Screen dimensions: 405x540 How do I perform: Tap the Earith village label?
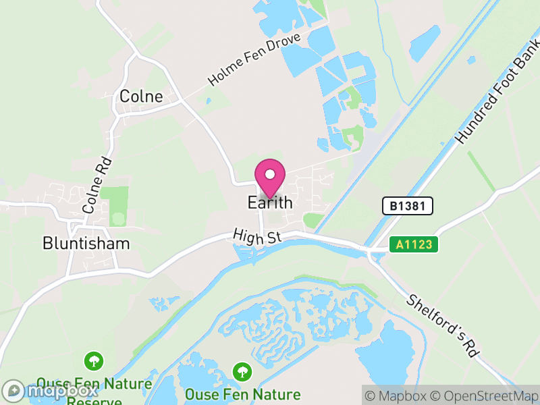point(270,202)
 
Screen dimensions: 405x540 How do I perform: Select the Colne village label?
point(141,97)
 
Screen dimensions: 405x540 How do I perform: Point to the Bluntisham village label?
point(86,243)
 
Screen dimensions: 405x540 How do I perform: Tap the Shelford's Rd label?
point(442,325)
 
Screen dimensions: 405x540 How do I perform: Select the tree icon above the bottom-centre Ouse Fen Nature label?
point(242,371)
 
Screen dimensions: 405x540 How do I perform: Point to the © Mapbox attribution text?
point(398,396)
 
